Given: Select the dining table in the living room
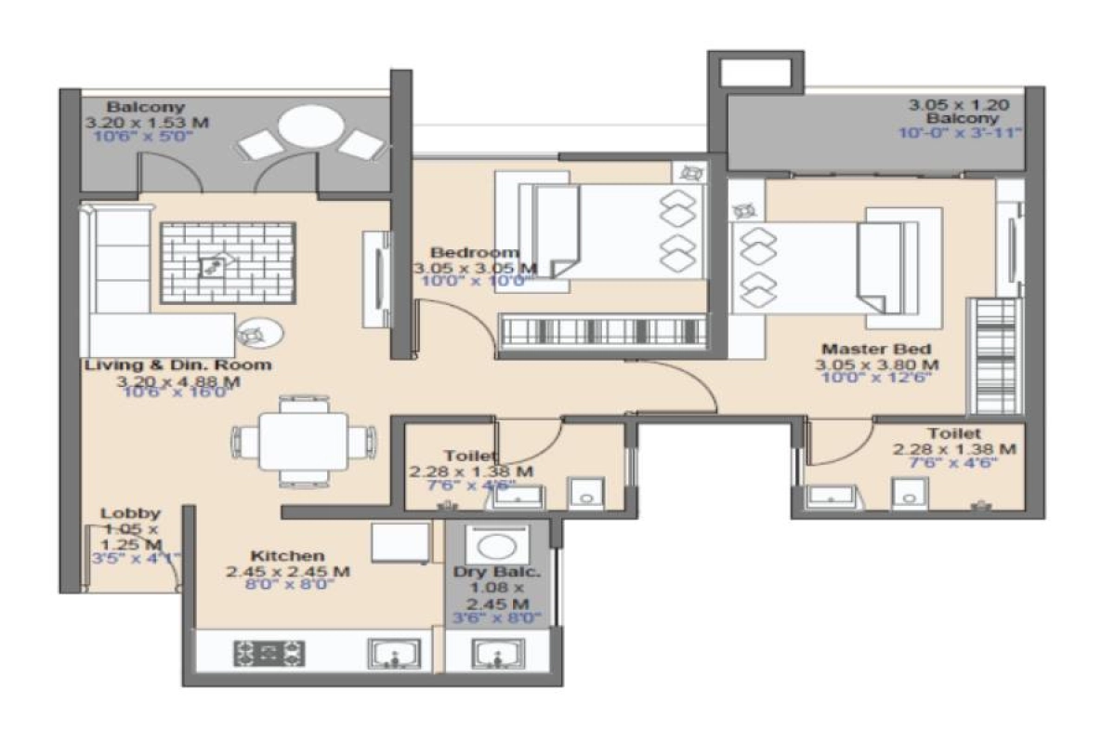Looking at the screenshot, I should point(304,440).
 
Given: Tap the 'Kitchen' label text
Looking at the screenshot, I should point(287,555).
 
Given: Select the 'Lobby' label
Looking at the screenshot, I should point(130,513).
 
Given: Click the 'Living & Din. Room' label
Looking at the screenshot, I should point(178,365).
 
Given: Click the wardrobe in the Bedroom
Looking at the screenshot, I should point(601,332).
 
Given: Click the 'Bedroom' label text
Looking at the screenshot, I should point(474,253).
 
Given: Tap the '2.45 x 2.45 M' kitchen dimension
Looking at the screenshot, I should point(287,571).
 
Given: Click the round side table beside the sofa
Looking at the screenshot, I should point(254,332).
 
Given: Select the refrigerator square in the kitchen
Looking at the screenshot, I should point(400,542).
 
